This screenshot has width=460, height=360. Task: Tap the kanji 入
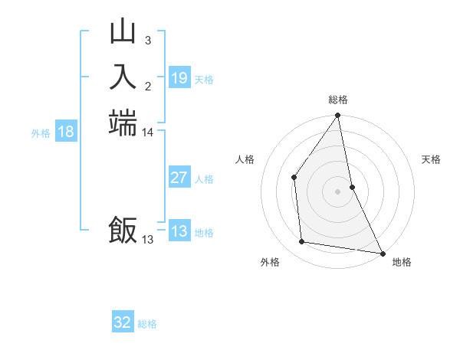(x=123, y=77)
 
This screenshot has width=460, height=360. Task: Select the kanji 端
(x=123, y=123)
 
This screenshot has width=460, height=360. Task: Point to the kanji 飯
(x=123, y=230)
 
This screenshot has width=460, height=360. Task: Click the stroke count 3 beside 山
(x=148, y=40)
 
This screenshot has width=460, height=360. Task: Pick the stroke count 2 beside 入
(x=148, y=86)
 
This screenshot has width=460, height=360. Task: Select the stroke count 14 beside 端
(x=148, y=133)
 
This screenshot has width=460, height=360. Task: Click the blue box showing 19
(x=179, y=78)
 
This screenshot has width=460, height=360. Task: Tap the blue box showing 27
(x=179, y=178)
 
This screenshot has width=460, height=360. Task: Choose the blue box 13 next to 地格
(x=179, y=232)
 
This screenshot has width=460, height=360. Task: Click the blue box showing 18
(x=66, y=133)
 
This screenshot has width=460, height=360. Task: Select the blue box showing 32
(x=123, y=323)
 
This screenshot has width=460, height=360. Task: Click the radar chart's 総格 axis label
(x=338, y=100)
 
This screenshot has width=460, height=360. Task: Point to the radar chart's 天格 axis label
(x=431, y=159)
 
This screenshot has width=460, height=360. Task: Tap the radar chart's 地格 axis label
(x=402, y=262)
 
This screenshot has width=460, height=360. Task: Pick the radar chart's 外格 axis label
(x=270, y=262)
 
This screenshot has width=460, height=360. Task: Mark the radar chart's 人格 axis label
(x=245, y=159)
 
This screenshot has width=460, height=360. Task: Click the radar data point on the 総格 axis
(x=337, y=116)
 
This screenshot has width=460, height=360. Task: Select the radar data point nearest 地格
(x=382, y=253)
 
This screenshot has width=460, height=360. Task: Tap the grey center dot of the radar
(x=337, y=191)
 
